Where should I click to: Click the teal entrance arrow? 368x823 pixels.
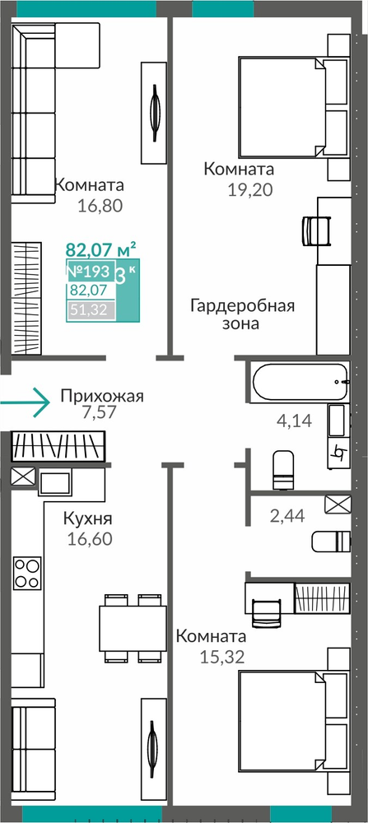pyautogui.click(x=26, y=402)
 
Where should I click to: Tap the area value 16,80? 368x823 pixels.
pyautogui.click(x=100, y=206)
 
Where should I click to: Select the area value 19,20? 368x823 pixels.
pyautogui.click(x=250, y=190)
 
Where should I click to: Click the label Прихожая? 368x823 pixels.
pyautogui.click(x=102, y=395)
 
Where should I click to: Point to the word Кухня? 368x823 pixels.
pyautogui.click(x=87, y=519)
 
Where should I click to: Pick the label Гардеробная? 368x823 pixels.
pyautogui.click(x=243, y=306)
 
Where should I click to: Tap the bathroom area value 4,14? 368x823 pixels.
pyautogui.click(x=294, y=420)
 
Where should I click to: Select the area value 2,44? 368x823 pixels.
pyautogui.click(x=287, y=517)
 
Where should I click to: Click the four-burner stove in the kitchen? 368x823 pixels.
pyautogui.click(x=27, y=573)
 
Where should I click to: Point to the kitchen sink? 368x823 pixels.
pyautogui.click(x=54, y=482)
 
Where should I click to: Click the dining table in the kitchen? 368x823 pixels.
pyautogui.click(x=133, y=628)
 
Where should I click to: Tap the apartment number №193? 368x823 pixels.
pyautogui.click(x=88, y=272)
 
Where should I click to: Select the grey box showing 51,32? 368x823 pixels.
pyautogui.click(x=91, y=310)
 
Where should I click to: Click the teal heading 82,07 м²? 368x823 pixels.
pyautogui.click(x=101, y=248)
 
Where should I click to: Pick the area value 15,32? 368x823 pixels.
pyautogui.click(x=222, y=657)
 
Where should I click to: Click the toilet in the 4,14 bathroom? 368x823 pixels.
pyautogui.click(x=284, y=469)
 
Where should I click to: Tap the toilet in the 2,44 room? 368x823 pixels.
pyautogui.click(x=331, y=542)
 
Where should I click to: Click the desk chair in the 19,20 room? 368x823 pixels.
pyautogui.click(x=317, y=230)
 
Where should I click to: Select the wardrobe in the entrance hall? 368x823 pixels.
pyautogui.click(x=58, y=446)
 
